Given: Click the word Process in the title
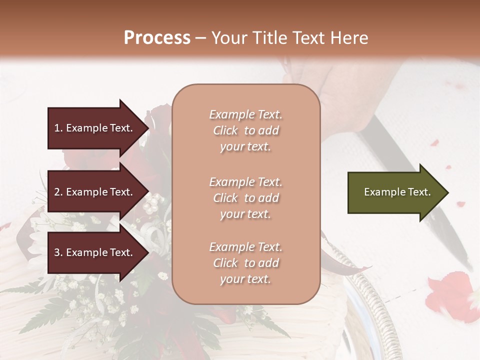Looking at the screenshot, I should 157,38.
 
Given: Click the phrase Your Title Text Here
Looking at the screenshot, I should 289,38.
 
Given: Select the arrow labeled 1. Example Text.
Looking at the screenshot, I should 95,128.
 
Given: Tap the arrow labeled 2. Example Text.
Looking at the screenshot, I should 95,192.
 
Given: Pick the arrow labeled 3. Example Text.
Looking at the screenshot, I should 95,253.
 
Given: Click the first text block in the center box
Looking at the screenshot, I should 245,130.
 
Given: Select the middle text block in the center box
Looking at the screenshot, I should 245,198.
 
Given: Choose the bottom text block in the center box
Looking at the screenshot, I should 245,263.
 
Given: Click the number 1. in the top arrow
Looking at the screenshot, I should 58,128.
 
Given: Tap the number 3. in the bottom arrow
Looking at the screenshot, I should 58,253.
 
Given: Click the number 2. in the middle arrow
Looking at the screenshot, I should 58,192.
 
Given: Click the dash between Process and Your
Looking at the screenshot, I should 200,38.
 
